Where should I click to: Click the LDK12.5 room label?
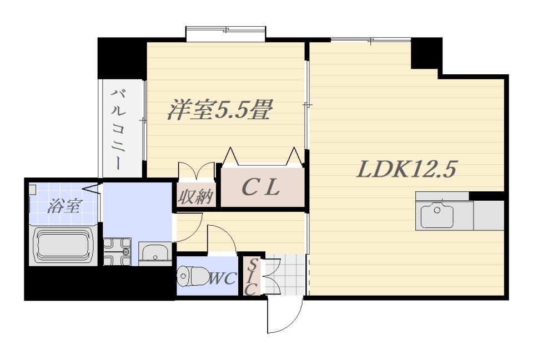[x=406, y=169]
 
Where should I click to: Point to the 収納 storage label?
[x=195, y=197]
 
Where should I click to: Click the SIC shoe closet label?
[x=251, y=276]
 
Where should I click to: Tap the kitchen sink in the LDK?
[x=437, y=216]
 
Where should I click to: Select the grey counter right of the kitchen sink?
[x=489, y=215]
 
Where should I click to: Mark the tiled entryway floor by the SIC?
[x=286, y=275]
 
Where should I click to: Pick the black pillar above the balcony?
[x=122, y=58]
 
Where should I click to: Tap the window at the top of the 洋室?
[x=226, y=33]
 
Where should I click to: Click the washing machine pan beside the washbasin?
[x=117, y=251]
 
